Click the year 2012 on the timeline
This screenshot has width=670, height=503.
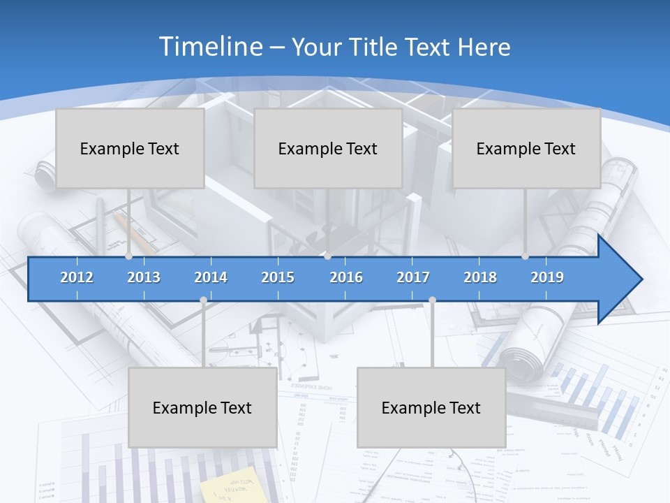click(77, 277)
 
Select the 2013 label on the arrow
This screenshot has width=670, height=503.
click(144, 277)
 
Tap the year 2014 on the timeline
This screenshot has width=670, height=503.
click(211, 277)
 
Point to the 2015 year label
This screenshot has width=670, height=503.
click(278, 277)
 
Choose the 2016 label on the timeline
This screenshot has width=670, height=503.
click(346, 277)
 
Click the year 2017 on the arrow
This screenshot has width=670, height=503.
click(413, 277)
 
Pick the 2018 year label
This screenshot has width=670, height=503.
click(480, 277)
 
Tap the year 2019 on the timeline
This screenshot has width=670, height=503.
click(547, 277)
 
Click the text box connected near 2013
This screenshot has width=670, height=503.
click(130, 148)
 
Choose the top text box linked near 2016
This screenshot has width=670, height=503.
click(328, 148)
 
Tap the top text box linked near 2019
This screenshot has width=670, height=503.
click(526, 148)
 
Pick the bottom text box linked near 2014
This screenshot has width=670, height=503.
click(202, 407)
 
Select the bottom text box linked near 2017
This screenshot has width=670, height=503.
click(431, 407)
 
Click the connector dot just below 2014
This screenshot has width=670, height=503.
click(203, 300)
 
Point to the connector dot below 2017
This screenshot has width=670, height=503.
click(432, 300)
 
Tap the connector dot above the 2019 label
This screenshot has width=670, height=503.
click(525, 256)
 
